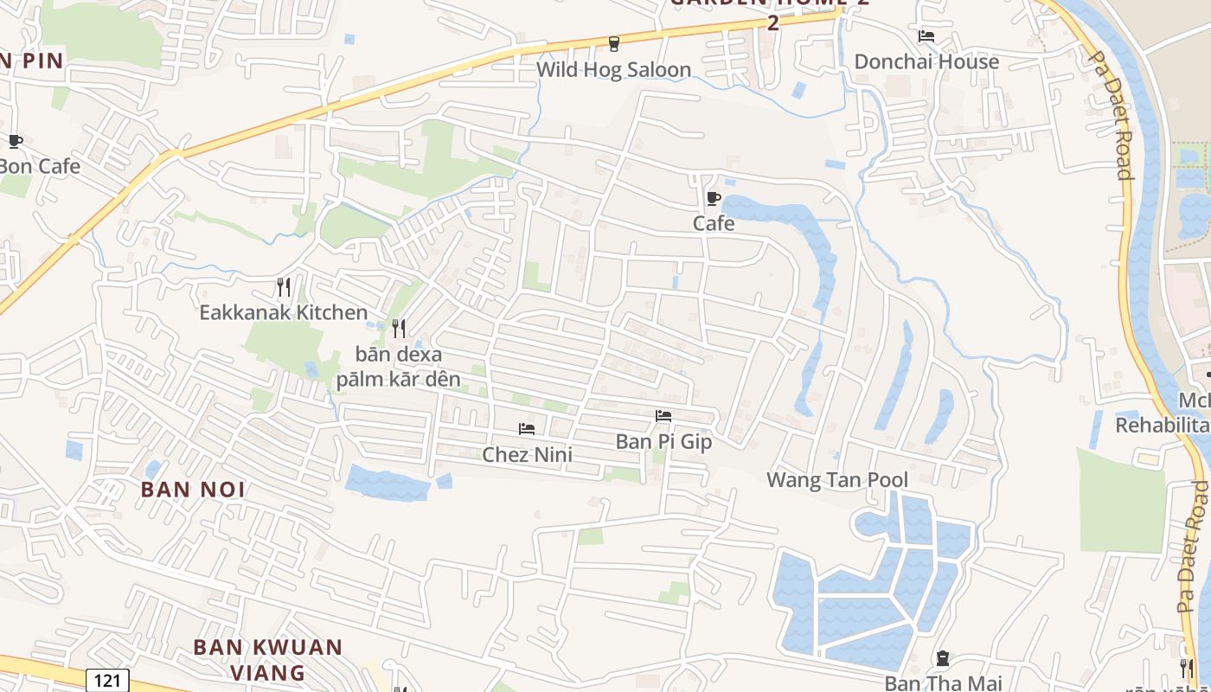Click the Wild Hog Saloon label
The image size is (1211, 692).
(613, 70)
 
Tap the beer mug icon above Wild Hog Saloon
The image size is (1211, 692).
(614, 43)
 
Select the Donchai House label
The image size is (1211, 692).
(926, 61)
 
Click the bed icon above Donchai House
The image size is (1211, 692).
(926, 36)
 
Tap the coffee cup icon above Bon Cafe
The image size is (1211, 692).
(15, 141)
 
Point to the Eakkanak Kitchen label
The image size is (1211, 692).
(283, 312)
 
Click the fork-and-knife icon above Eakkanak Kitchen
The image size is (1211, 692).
(283, 286)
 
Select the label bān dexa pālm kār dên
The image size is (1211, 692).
(399, 367)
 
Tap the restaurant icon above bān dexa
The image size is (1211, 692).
(399, 328)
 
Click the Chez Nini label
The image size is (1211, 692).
(527, 454)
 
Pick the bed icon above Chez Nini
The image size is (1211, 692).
(526, 429)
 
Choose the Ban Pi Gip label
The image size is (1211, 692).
(663, 442)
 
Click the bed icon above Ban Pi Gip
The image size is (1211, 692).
(663, 416)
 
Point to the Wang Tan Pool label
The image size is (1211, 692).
(837, 480)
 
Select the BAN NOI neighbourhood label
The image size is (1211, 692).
(193, 490)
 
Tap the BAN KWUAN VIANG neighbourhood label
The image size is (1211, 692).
(267, 659)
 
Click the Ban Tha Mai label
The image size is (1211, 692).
(943, 683)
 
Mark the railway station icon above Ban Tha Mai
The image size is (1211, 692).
(943, 658)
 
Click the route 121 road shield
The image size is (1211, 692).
(107, 680)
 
